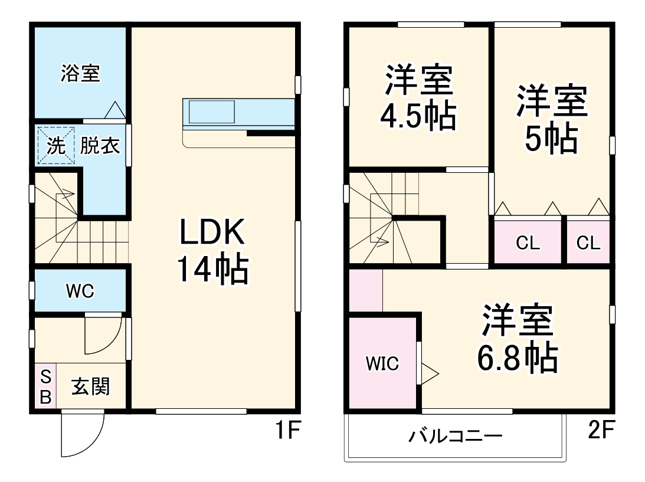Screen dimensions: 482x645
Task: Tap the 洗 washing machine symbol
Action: [x=55, y=145]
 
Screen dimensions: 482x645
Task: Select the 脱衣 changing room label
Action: [x=100, y=145]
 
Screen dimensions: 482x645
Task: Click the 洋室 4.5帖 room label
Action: [x=420, y=98]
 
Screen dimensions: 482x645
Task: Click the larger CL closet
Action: [x=528, y=242]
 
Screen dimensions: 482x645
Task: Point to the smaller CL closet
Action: [x=588, y=242]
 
